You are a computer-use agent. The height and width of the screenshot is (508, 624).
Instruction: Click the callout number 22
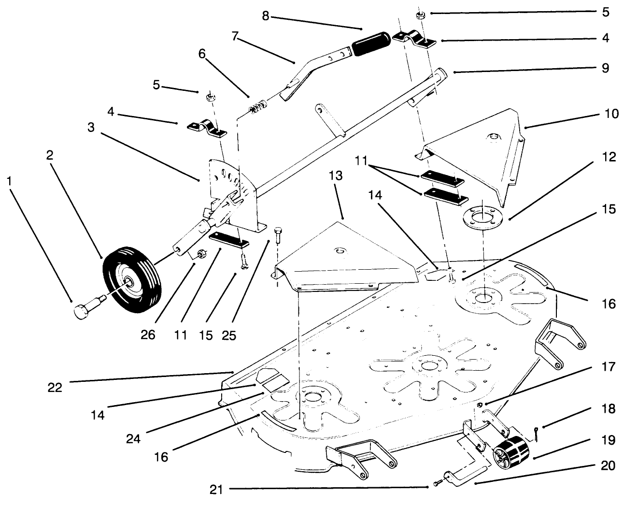[55, 387]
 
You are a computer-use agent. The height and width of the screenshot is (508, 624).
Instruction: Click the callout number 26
[148, 335]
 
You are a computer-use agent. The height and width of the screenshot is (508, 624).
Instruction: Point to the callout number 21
[216, 490]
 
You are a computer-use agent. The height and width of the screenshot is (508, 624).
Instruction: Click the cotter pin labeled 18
[537, 435]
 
